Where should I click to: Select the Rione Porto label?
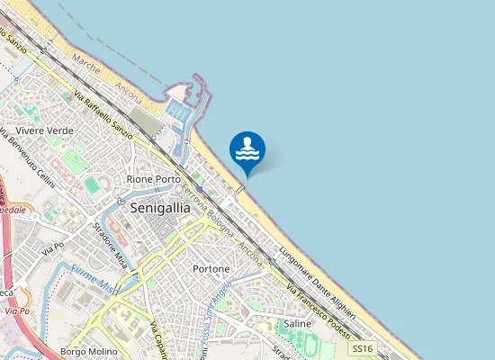[x=154, y=180]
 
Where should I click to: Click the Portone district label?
[x=211, y=269]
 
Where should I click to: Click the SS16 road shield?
[x=362, y=347]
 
